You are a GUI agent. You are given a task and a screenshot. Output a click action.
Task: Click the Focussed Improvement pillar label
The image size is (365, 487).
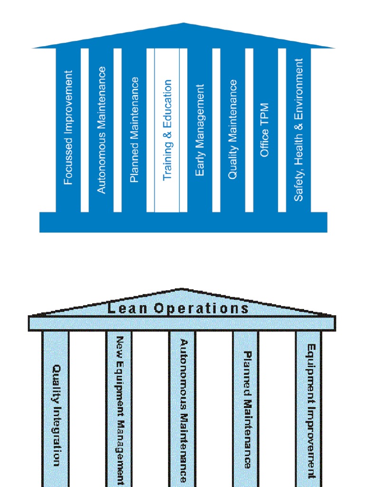(68, 127)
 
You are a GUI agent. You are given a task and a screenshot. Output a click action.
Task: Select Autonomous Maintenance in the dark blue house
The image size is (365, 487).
(101, 130)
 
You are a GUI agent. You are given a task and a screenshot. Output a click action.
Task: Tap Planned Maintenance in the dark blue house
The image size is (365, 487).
(134, 130)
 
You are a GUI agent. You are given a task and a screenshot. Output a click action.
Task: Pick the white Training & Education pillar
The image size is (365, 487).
(167, 130)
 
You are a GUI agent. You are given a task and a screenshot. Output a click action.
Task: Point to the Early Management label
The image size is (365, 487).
(200, 130)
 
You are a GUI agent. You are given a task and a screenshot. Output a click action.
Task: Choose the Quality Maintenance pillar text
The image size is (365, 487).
(232, 129)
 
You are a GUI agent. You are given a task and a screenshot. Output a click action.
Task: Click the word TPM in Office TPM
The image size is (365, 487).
(265, 113)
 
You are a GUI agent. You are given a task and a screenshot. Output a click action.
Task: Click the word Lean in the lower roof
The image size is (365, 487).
(124, 309)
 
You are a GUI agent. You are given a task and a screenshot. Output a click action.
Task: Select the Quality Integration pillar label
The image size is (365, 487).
(56, 415)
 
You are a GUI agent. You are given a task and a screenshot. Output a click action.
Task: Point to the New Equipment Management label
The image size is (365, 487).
(120, 410)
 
